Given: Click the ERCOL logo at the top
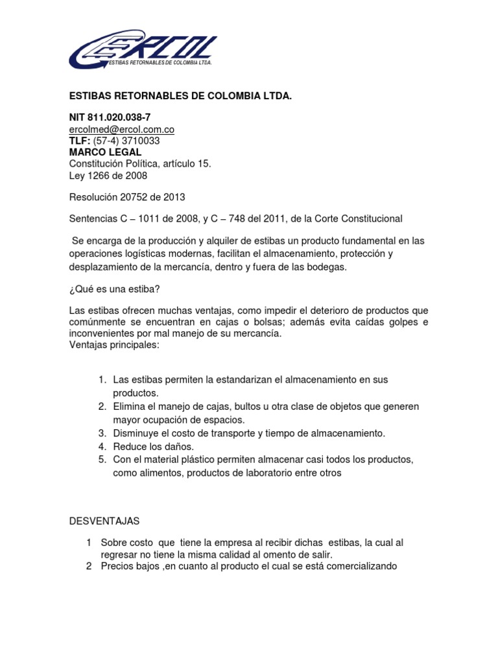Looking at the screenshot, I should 143,50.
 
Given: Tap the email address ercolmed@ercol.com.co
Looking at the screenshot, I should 121,130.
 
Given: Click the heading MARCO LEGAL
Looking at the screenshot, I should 105,152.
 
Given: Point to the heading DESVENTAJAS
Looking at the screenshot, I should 104,521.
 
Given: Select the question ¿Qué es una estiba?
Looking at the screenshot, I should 113,289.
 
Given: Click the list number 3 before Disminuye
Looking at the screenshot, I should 102,433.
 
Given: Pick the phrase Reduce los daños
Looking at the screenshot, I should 154,446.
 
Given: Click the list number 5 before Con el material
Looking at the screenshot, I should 102,460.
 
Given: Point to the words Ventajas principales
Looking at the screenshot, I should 114,345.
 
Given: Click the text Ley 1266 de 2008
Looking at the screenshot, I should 108,176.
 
